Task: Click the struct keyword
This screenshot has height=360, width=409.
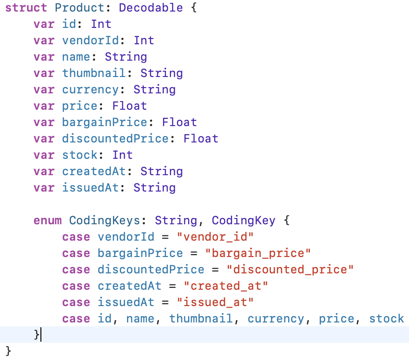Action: (26, 8)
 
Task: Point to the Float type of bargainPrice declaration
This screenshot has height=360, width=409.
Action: (179, 122)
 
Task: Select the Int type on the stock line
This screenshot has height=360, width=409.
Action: (122, 155)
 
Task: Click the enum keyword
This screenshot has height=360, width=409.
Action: (48, 221)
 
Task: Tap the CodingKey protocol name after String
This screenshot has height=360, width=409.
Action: (243, 221)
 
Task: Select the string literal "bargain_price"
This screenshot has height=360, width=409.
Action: (258, 254)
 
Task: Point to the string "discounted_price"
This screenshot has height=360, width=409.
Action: (290, 270)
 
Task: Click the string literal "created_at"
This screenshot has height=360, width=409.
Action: (226, 286)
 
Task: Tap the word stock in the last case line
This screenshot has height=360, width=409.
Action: (386, 319)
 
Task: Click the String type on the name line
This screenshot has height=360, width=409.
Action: (126, 57)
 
